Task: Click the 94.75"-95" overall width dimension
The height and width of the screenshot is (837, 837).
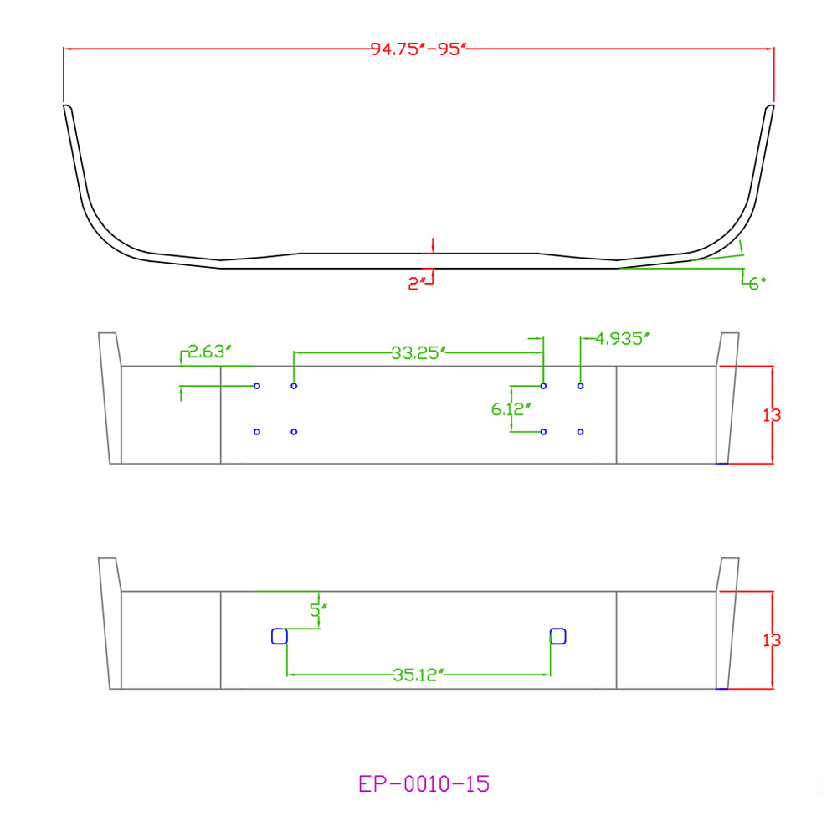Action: pos(417,49)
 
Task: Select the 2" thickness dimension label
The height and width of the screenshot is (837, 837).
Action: pos(417,284)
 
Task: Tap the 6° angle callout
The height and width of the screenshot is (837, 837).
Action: pos(757,284)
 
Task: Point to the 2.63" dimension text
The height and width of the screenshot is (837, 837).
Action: pos(206,352)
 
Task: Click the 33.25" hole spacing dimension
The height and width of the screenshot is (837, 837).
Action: pos(417,353)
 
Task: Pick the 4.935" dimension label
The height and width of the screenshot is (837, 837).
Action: pos(622,339)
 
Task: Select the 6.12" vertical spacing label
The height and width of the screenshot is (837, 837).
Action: pos(510,408)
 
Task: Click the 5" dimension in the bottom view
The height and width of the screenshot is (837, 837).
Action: pos(316,610)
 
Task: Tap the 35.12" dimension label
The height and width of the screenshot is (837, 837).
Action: pos(417,675)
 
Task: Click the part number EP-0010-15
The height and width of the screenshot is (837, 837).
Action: pos(424,784)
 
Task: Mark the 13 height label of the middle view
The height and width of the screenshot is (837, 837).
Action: pos(772,414)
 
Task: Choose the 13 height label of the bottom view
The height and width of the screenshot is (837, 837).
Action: pos(772,640)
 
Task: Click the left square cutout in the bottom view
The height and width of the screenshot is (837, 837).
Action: pos(280,637)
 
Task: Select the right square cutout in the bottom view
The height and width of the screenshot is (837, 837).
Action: pos(558,636)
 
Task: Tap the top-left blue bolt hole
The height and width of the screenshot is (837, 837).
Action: pos(257,386)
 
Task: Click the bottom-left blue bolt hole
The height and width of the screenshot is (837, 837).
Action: pos(257,432)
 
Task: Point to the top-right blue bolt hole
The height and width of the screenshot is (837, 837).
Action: pos(580,386)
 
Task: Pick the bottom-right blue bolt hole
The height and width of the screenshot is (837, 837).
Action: pos(580,432)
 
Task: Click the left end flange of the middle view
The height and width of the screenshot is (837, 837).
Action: pos(110,398)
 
